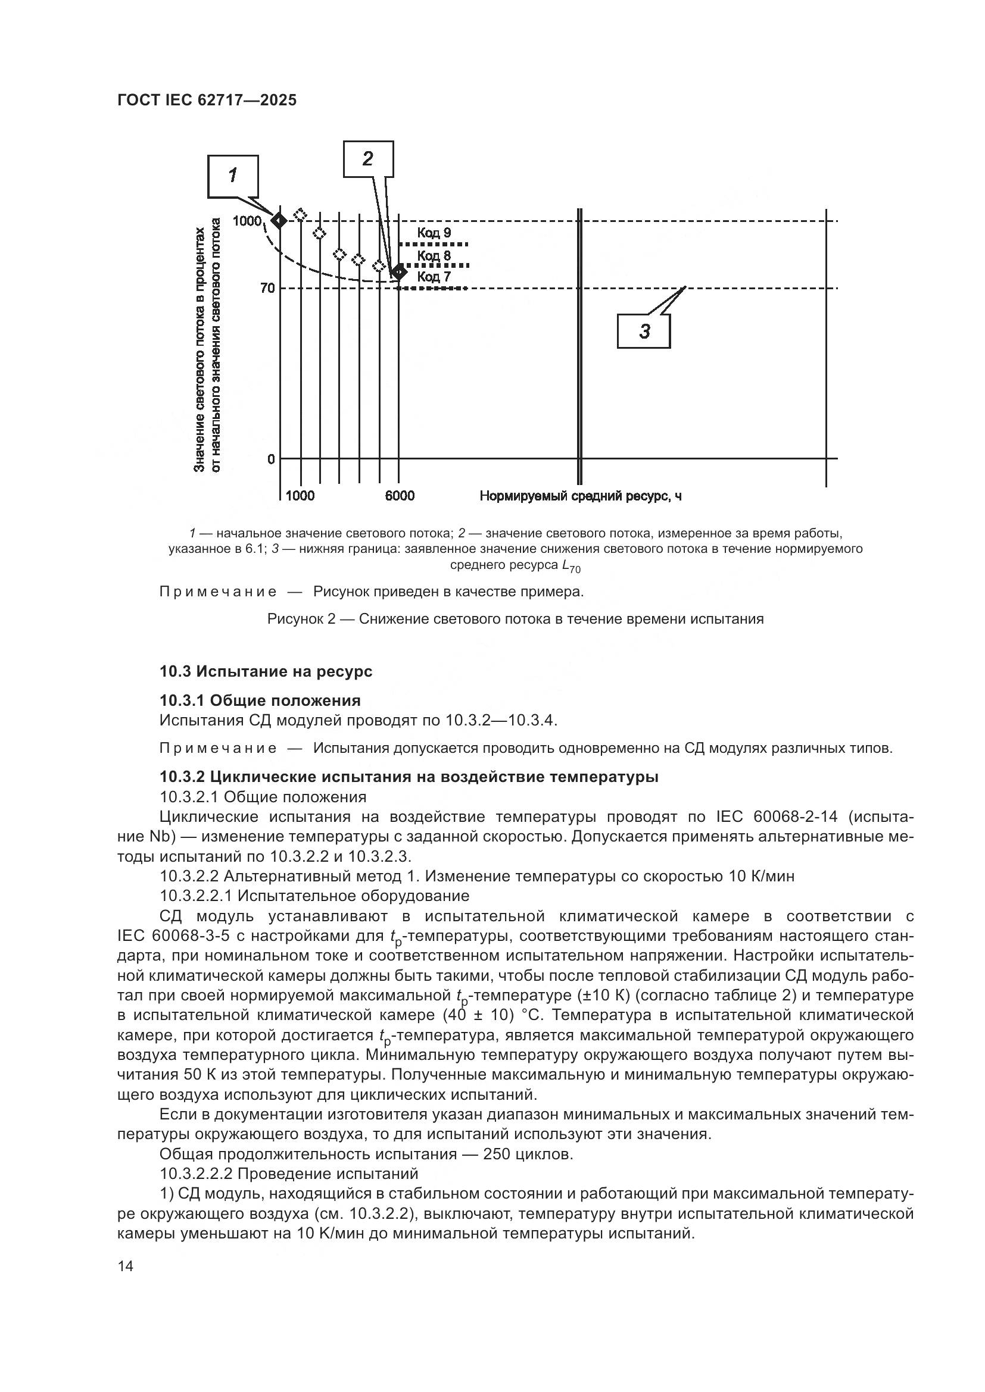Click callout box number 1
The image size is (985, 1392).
point(233,176)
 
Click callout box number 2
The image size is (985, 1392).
point(368,159)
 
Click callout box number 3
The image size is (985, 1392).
point(644,331)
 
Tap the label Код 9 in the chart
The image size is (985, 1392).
point(434,233)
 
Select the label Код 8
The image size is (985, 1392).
point(434,255)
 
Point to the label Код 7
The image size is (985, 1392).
point(434,277)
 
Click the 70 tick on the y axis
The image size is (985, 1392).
point(267,288)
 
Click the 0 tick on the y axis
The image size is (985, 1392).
point(271,459)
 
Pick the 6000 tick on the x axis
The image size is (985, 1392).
point(400,496)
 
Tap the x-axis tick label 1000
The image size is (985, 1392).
point(300,496)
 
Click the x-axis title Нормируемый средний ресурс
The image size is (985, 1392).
point(581,496)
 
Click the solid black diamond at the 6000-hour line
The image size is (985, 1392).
point(398,272)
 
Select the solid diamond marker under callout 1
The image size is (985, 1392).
point(280,221)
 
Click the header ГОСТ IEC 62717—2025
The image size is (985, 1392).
point(207,100)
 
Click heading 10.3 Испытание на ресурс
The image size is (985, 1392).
point(266,671)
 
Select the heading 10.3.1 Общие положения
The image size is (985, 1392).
point(260,700)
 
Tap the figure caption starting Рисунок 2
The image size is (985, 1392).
point(515,619)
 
